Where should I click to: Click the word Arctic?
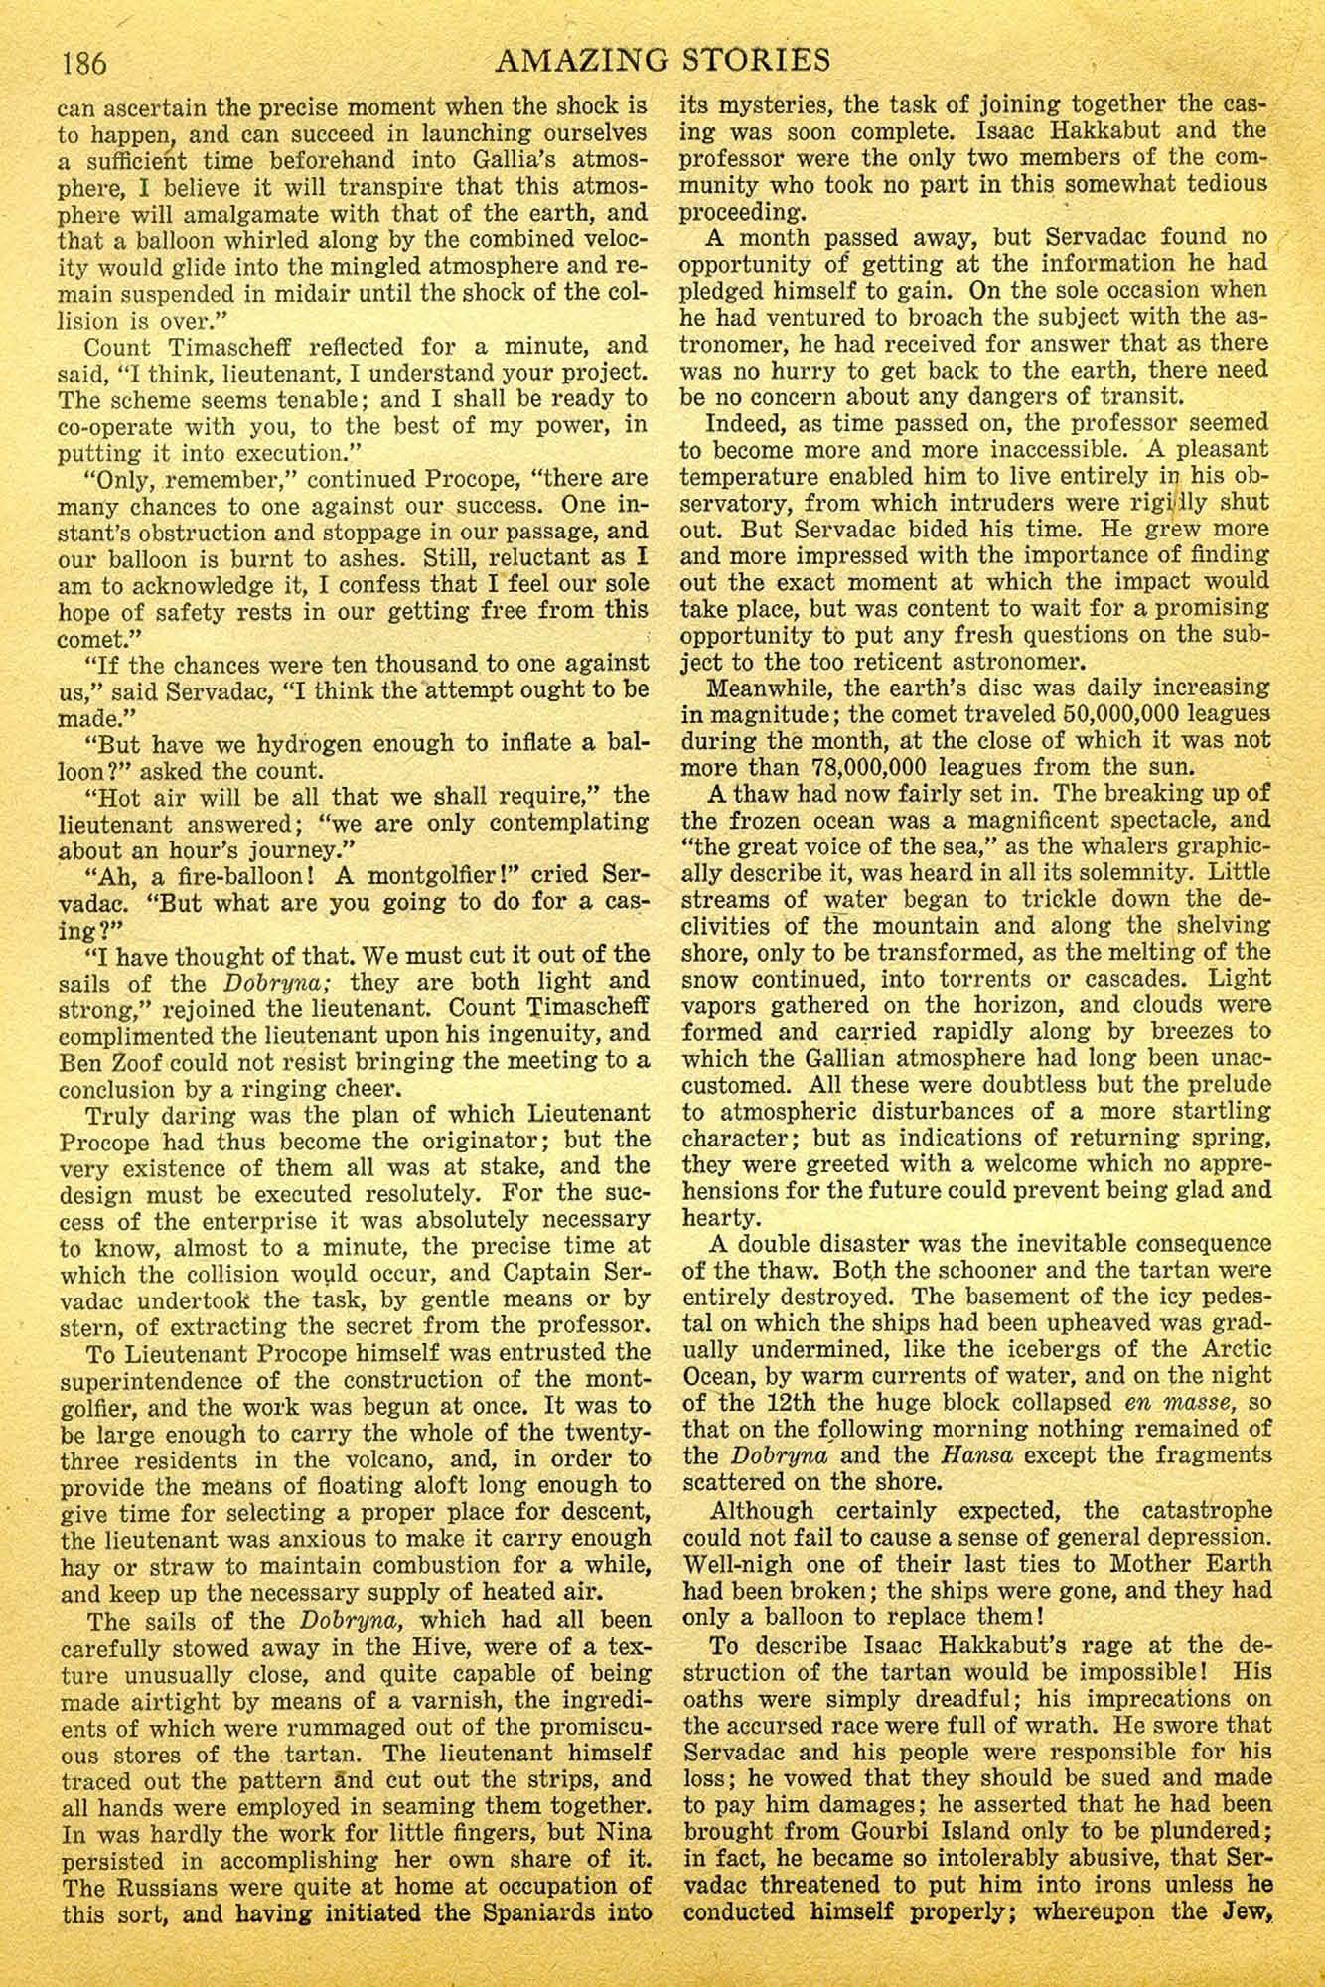(1232, 1349)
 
